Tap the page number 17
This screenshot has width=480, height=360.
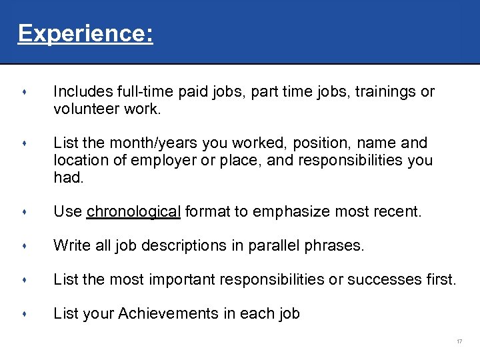coord(459,342)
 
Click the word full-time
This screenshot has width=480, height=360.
coord(142,91)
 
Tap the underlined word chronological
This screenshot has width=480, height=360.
coord(134,212)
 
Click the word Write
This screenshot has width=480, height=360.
coord(71,246)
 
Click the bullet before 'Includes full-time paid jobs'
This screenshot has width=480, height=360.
coord(23,92)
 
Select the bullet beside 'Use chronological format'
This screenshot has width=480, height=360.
coord(23,213)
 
